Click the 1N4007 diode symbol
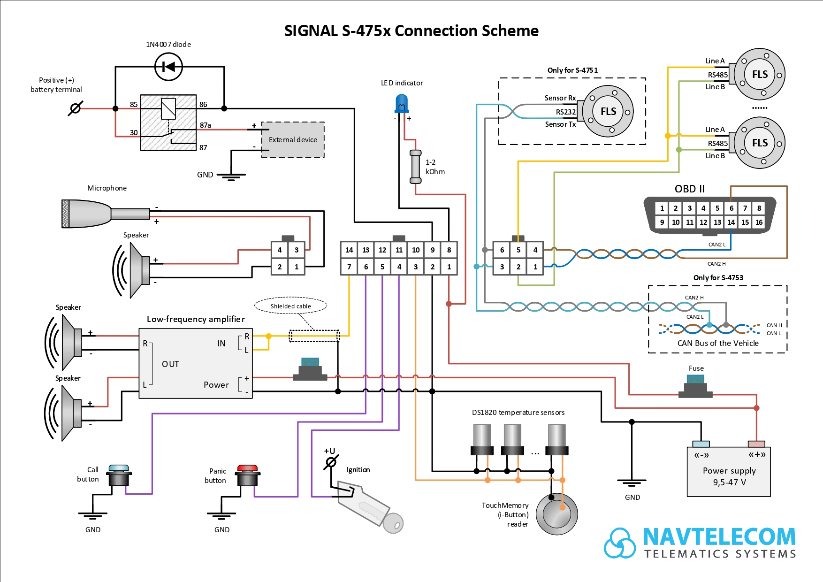click(168, 67)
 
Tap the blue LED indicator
click(402, 103)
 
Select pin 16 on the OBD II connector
click(759, 222)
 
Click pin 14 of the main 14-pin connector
click(349, 250)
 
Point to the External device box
click(293, 140)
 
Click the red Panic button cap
click(247, 468)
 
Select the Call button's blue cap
click(119, 468)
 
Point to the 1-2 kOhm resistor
click(415, 167)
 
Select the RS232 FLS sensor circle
click(608, 111)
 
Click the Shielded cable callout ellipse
click(290, 306)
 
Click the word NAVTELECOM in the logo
click(719, 537)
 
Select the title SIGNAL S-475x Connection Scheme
click(411, 31)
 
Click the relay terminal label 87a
click(205, 125)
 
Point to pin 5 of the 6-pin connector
click(518, 250)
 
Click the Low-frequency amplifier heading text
click(196, 319)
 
